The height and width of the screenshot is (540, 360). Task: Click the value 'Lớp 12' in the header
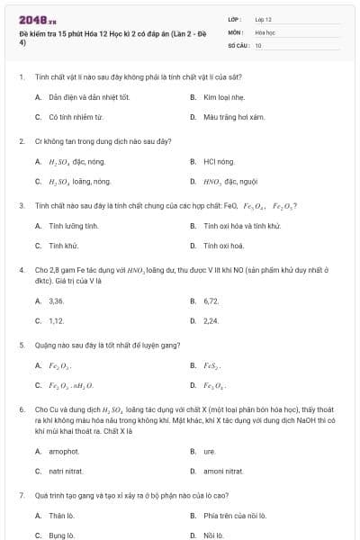[x=264, y=18]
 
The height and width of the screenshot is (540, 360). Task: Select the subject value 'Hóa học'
[x=265, y=31]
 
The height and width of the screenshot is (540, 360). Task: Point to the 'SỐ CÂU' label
[x=238, y=44]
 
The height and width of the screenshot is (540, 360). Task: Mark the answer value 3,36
[x=57, y=301]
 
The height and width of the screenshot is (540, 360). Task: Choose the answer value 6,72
[x=211, y=301]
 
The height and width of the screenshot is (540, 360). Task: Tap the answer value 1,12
[x=57, y=321]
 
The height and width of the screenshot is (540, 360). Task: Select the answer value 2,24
[x=211, y=321]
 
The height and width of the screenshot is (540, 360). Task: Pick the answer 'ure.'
[x=210, y=451]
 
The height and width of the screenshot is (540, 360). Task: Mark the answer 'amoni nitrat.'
[x=223, y=472]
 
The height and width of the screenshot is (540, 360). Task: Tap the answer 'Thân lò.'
[x=61, y=516]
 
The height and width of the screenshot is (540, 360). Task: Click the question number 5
[x=22, y=345]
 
